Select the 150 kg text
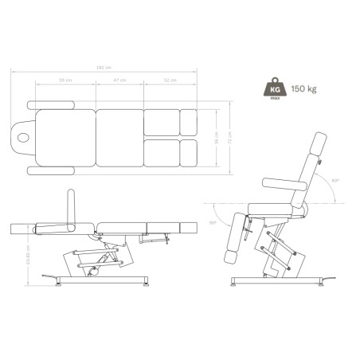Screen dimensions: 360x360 tap(304, 89)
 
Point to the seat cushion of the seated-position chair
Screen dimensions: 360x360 tap(272, 209)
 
